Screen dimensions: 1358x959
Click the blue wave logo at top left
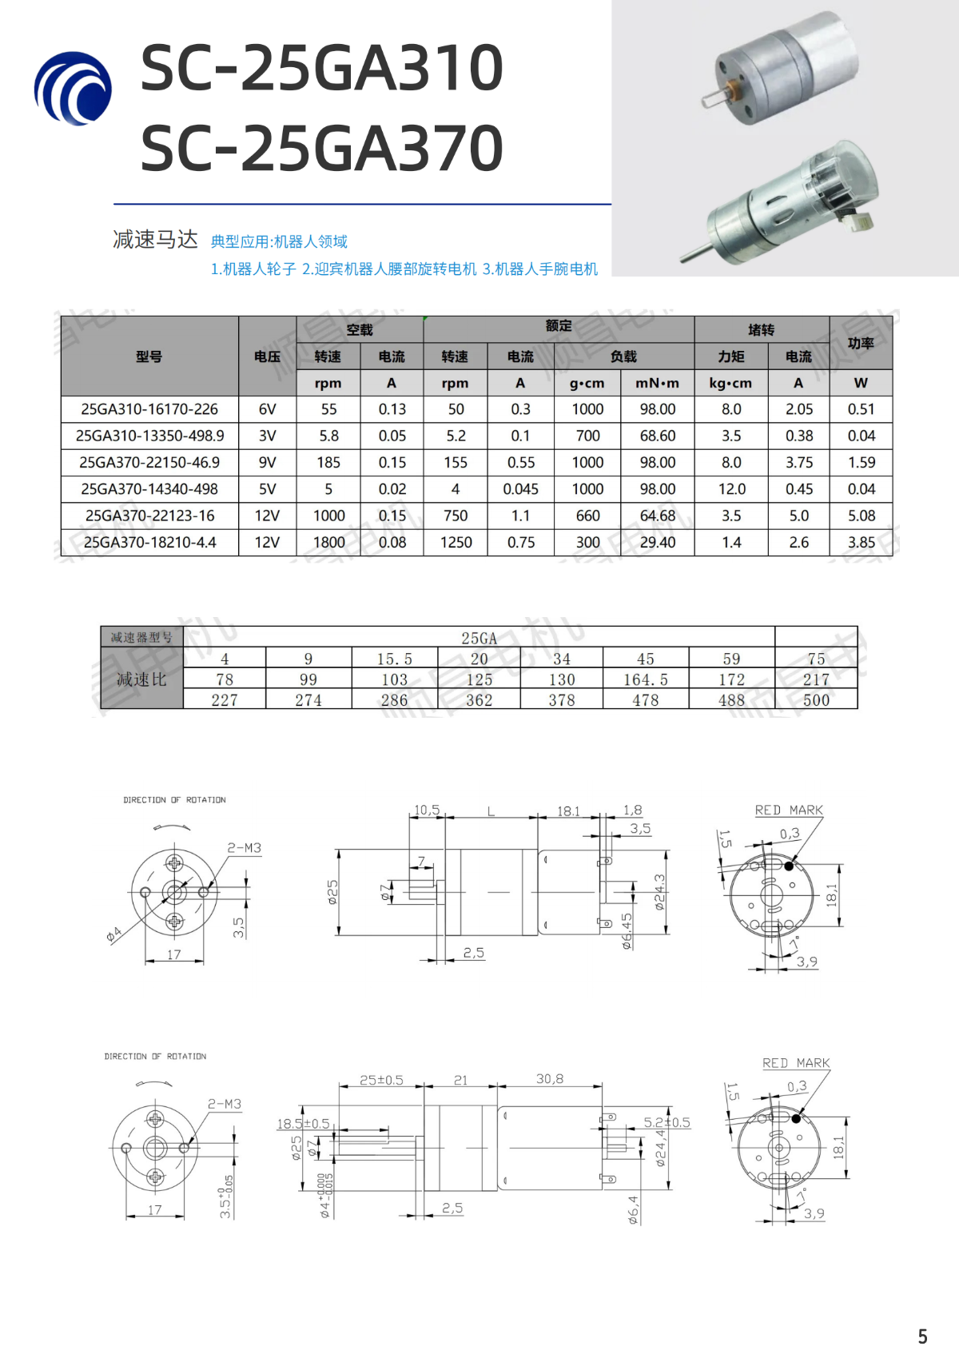pos(73,88)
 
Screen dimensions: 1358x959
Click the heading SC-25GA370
pos(321,149)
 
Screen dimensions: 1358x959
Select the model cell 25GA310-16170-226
pos(149,409)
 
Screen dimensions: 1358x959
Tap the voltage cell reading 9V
pos(267,463)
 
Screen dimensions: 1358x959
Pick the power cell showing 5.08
pos(861,516)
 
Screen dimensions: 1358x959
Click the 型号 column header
pos(149,356)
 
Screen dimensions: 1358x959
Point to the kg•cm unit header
pos(730,383)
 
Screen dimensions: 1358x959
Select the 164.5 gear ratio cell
pos(645,679)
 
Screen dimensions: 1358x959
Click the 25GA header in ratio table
pos(479,638)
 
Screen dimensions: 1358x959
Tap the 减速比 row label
pos(141,679)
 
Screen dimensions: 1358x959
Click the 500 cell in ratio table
pos(816,700)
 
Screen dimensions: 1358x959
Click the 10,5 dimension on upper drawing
pos(427,810)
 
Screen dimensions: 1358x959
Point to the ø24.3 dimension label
pos(659,892)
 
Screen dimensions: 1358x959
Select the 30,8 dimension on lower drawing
pos(550,1079)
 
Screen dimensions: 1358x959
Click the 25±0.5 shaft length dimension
pos(381,1080)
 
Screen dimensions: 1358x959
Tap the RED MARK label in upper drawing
pos(788,810)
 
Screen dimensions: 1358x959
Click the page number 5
pos(922,1336)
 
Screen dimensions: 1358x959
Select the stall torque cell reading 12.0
pos(730,489)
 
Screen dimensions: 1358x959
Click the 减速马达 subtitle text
pos(155,240)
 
